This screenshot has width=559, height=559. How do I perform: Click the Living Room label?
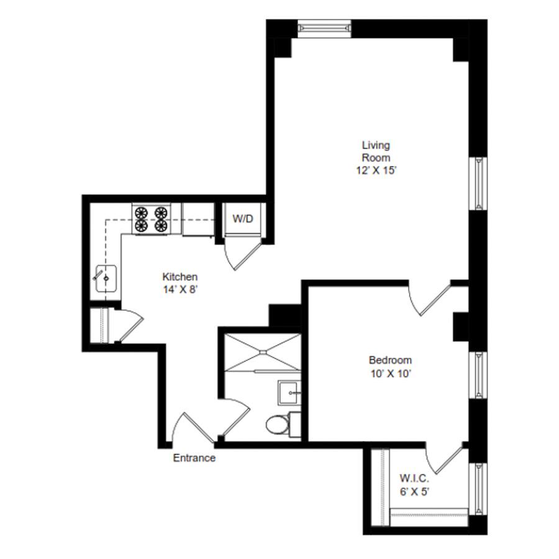tap(376, 151)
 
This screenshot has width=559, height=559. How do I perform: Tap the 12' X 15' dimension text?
tap(376, 170)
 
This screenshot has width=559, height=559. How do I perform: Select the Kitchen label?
tap(180, 276)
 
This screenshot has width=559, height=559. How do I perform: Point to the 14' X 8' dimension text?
tap(180, 289)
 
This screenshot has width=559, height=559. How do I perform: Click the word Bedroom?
tap(391, 360)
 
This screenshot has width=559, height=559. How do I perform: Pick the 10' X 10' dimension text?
tap(391, 374)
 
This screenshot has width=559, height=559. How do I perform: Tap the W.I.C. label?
tap(414, 478)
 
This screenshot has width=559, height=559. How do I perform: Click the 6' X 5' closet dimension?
tap(414, 492)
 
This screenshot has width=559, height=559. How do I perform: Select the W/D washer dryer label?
tap(243, 218)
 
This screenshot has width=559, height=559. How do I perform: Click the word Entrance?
tap(194, 458)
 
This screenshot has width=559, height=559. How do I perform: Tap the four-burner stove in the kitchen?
tap(151, 219)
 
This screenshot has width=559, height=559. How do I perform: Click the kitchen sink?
tap(106, 278)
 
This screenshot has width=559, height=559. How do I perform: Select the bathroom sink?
tap(289, 393)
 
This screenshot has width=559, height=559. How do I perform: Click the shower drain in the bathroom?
tap(263, 352)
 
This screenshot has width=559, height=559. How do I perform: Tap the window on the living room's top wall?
tap(324, 29)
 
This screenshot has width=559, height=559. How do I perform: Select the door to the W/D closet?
tap(242, 255)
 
